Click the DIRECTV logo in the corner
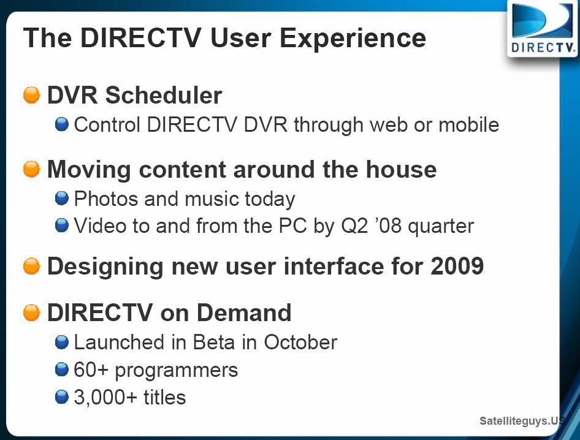[542, 28]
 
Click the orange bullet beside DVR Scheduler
[31, 95]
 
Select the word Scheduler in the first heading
[164, 95]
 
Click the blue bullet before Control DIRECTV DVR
[62, 124]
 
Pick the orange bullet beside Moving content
[31, 169]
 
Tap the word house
[402, 170]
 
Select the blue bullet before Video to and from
[62, 225]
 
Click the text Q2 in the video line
[354, 226]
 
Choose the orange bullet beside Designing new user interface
[31, 266]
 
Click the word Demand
[244, 313]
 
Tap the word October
[300, 342]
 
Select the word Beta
[214, 342]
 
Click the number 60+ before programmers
[91, 370]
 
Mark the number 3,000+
[105, 398]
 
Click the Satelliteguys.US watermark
[522, 421]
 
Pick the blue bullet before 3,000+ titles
[62, 396]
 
